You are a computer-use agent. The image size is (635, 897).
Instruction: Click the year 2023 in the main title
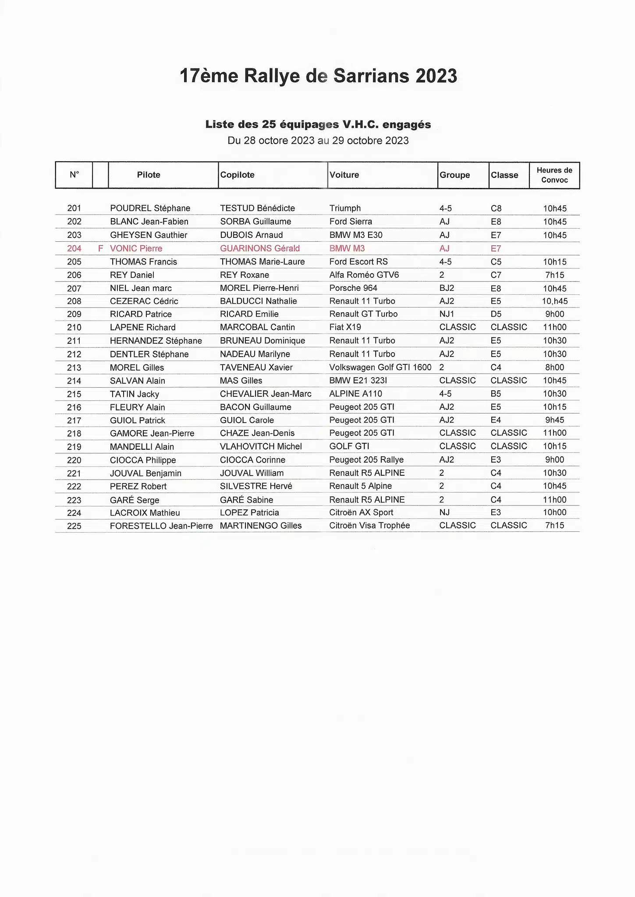(436, 76)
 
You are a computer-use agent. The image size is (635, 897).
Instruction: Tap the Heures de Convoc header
(554, 175)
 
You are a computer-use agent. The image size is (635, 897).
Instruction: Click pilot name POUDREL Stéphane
(150, 208)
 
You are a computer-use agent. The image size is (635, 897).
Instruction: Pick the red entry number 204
(74, 248)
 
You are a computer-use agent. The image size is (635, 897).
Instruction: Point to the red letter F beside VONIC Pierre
(100, 248)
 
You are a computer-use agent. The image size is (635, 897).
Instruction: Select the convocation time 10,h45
(554, 301)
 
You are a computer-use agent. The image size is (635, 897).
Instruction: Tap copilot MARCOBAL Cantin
(257, 327)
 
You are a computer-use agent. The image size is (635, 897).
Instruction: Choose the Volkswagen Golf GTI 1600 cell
(380, 367)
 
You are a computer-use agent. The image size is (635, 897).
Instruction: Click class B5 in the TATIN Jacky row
(496, 394)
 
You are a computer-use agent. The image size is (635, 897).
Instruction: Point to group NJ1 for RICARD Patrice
(447, 314)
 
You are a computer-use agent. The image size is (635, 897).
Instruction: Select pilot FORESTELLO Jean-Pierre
(161, 526)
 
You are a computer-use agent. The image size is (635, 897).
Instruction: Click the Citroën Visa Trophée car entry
(369, 525)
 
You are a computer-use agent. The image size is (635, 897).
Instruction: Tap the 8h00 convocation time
(554, 367)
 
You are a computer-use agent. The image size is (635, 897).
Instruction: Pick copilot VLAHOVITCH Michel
(261, 446)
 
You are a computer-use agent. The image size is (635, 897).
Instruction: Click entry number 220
(74, 460)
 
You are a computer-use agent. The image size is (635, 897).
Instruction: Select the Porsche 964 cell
(353, 288)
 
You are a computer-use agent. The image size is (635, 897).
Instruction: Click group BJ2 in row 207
(447, 288)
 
